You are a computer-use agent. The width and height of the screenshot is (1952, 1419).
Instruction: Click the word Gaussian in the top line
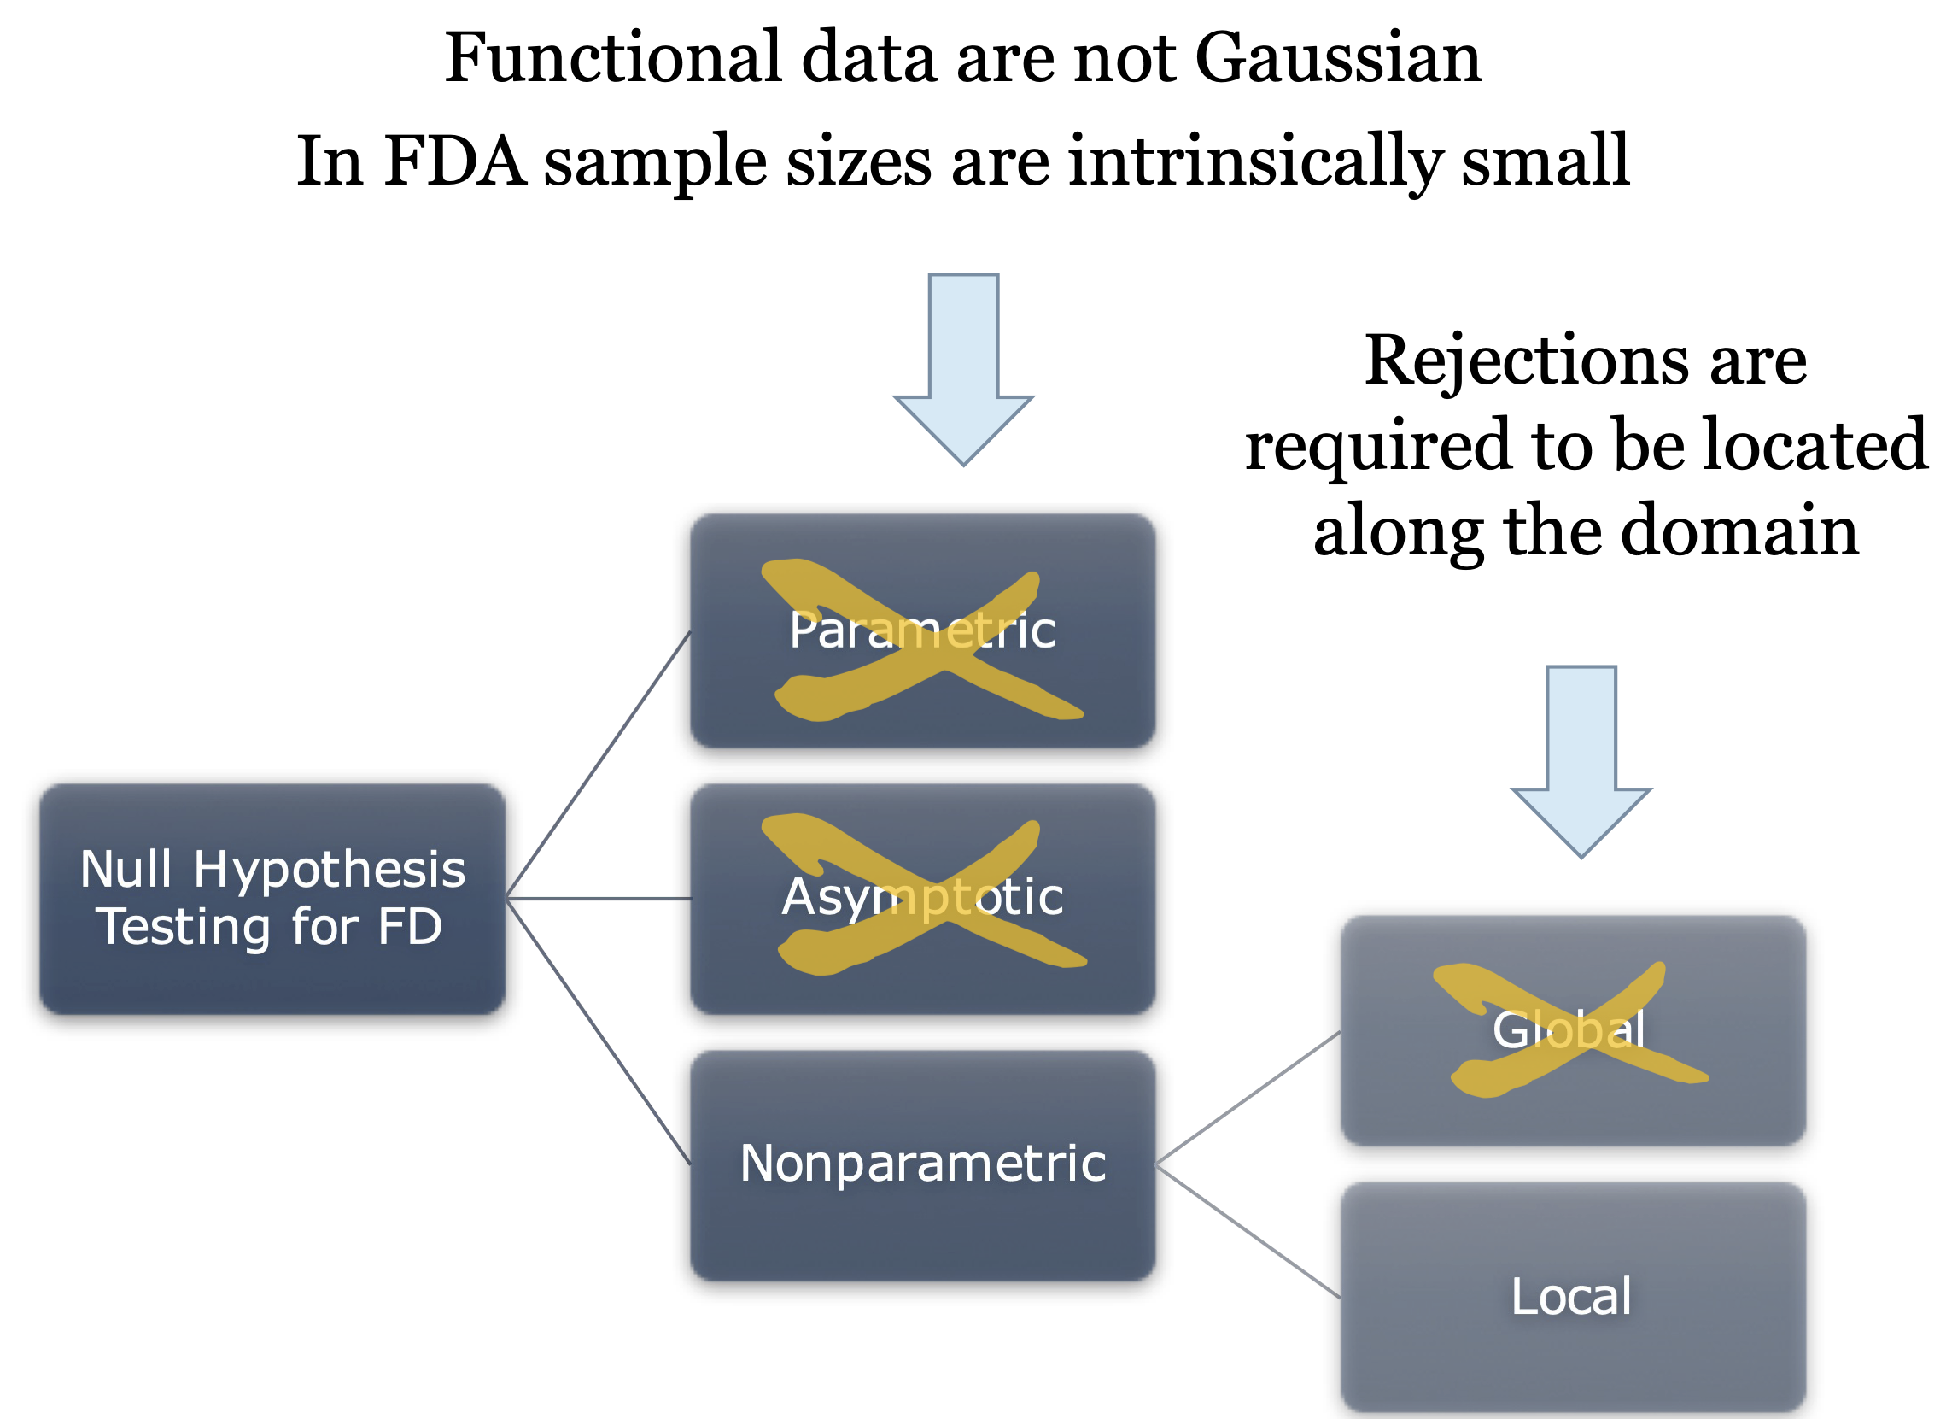(1337, 59)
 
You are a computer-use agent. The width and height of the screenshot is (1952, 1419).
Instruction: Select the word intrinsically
(1256, 162)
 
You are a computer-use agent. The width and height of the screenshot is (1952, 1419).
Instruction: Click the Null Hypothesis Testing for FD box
(272, 898)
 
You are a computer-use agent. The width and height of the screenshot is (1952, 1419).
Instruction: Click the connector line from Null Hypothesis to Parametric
(599, 765)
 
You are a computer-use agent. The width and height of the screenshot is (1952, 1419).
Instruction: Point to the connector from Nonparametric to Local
(1248, 1231)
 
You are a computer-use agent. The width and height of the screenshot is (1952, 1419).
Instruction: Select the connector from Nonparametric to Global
(1248, 1098)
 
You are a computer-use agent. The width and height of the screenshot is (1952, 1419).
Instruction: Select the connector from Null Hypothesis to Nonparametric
(599, 1030)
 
